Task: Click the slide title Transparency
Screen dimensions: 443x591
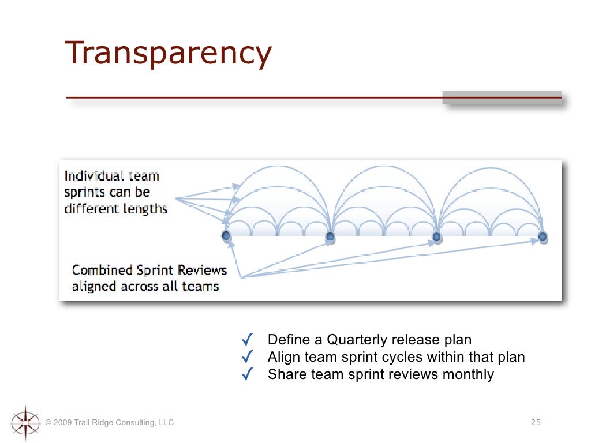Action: (x=168, y=54)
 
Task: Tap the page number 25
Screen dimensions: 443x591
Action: (x=536, y=423)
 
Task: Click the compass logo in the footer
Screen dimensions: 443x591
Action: (x=25, y=423)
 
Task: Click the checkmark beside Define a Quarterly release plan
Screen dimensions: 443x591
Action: (x=247, y=340)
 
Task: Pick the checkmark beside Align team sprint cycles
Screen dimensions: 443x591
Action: (x=247, y=357)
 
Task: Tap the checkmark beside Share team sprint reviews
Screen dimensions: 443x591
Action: (x=247, y=374)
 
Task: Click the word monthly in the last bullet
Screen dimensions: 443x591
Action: (x=468, y=375)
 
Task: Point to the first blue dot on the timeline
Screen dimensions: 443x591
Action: (x=226, y=236)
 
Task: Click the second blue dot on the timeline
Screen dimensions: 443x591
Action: (x=330, y=236)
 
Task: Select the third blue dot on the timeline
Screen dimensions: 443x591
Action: (x=437, y=236)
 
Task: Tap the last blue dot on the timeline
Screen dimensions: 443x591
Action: (x=543, y=236)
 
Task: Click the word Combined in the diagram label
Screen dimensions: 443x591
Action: (x=102, y=270)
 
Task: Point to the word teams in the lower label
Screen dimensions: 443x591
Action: (x=199, y=287)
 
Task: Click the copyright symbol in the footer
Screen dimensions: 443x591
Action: (x=48, y=423)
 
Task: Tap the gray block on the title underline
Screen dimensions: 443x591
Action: (x=502, y=97)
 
